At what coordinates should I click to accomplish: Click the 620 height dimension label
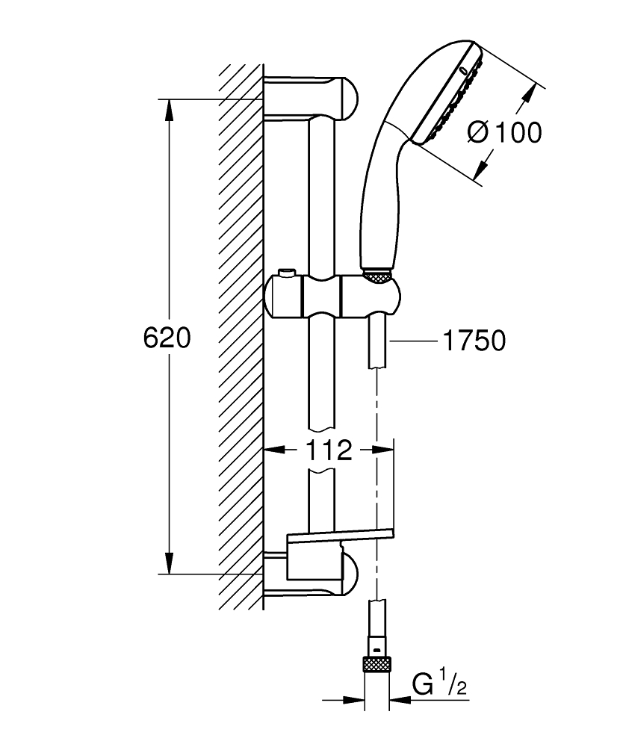click(167, 338)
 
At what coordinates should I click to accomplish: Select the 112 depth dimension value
click(329, 450)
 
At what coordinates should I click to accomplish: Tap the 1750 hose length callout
click(474, 341)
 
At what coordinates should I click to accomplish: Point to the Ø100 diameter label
click(504, 133)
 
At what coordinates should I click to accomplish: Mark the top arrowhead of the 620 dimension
click(170, 108)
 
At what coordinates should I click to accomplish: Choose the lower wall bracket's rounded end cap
click(349, 574)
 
